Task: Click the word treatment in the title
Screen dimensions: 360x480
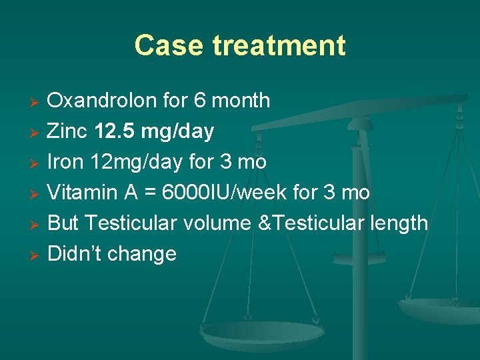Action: click(279, 45)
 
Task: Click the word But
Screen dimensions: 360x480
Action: click(64, 223)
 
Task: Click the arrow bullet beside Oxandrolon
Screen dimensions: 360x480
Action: click(37, 102)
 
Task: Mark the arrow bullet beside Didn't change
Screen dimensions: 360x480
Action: click(37, 255)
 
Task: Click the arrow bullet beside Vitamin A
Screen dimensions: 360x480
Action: click(37, 193)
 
